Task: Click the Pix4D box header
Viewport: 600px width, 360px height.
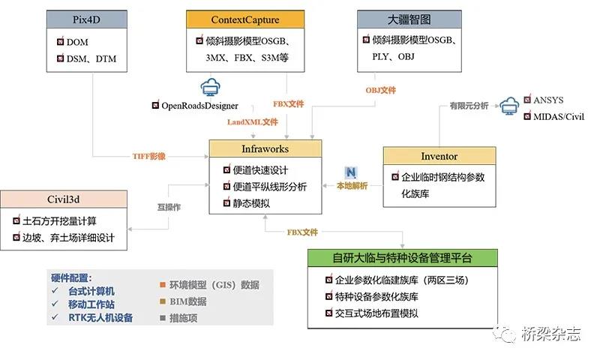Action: (x=93, y=19)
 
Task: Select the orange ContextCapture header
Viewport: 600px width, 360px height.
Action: (x=245, y=19)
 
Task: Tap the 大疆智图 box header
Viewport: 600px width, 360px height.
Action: (x=405, y=19)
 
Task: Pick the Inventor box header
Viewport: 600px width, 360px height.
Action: (x=439, y=157)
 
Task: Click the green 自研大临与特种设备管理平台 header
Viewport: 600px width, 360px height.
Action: (x=402, y=258)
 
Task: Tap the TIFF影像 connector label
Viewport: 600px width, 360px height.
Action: (x=148, y=157)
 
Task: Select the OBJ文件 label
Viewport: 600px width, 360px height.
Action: (x=380, y=90)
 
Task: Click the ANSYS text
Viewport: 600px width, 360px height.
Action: (x=548, y=100)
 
